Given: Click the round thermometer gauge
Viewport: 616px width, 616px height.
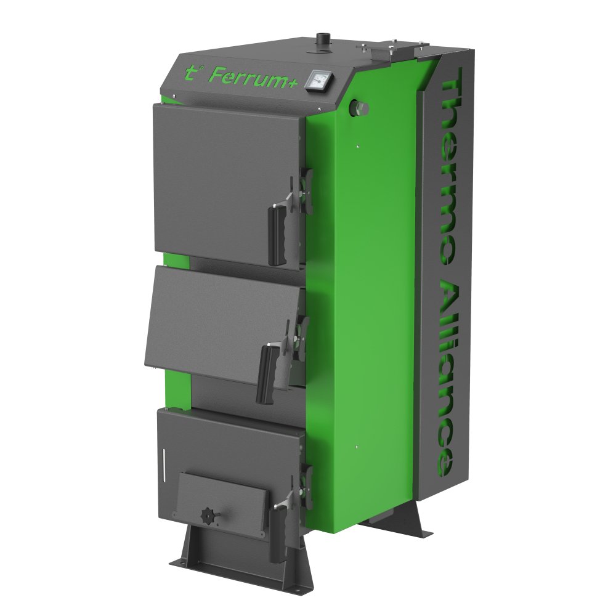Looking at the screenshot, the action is coord(319,80).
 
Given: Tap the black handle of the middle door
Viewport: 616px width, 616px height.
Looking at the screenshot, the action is coord(266,371).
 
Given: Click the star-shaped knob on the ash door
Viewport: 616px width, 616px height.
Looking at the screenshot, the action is coord(207,515).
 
